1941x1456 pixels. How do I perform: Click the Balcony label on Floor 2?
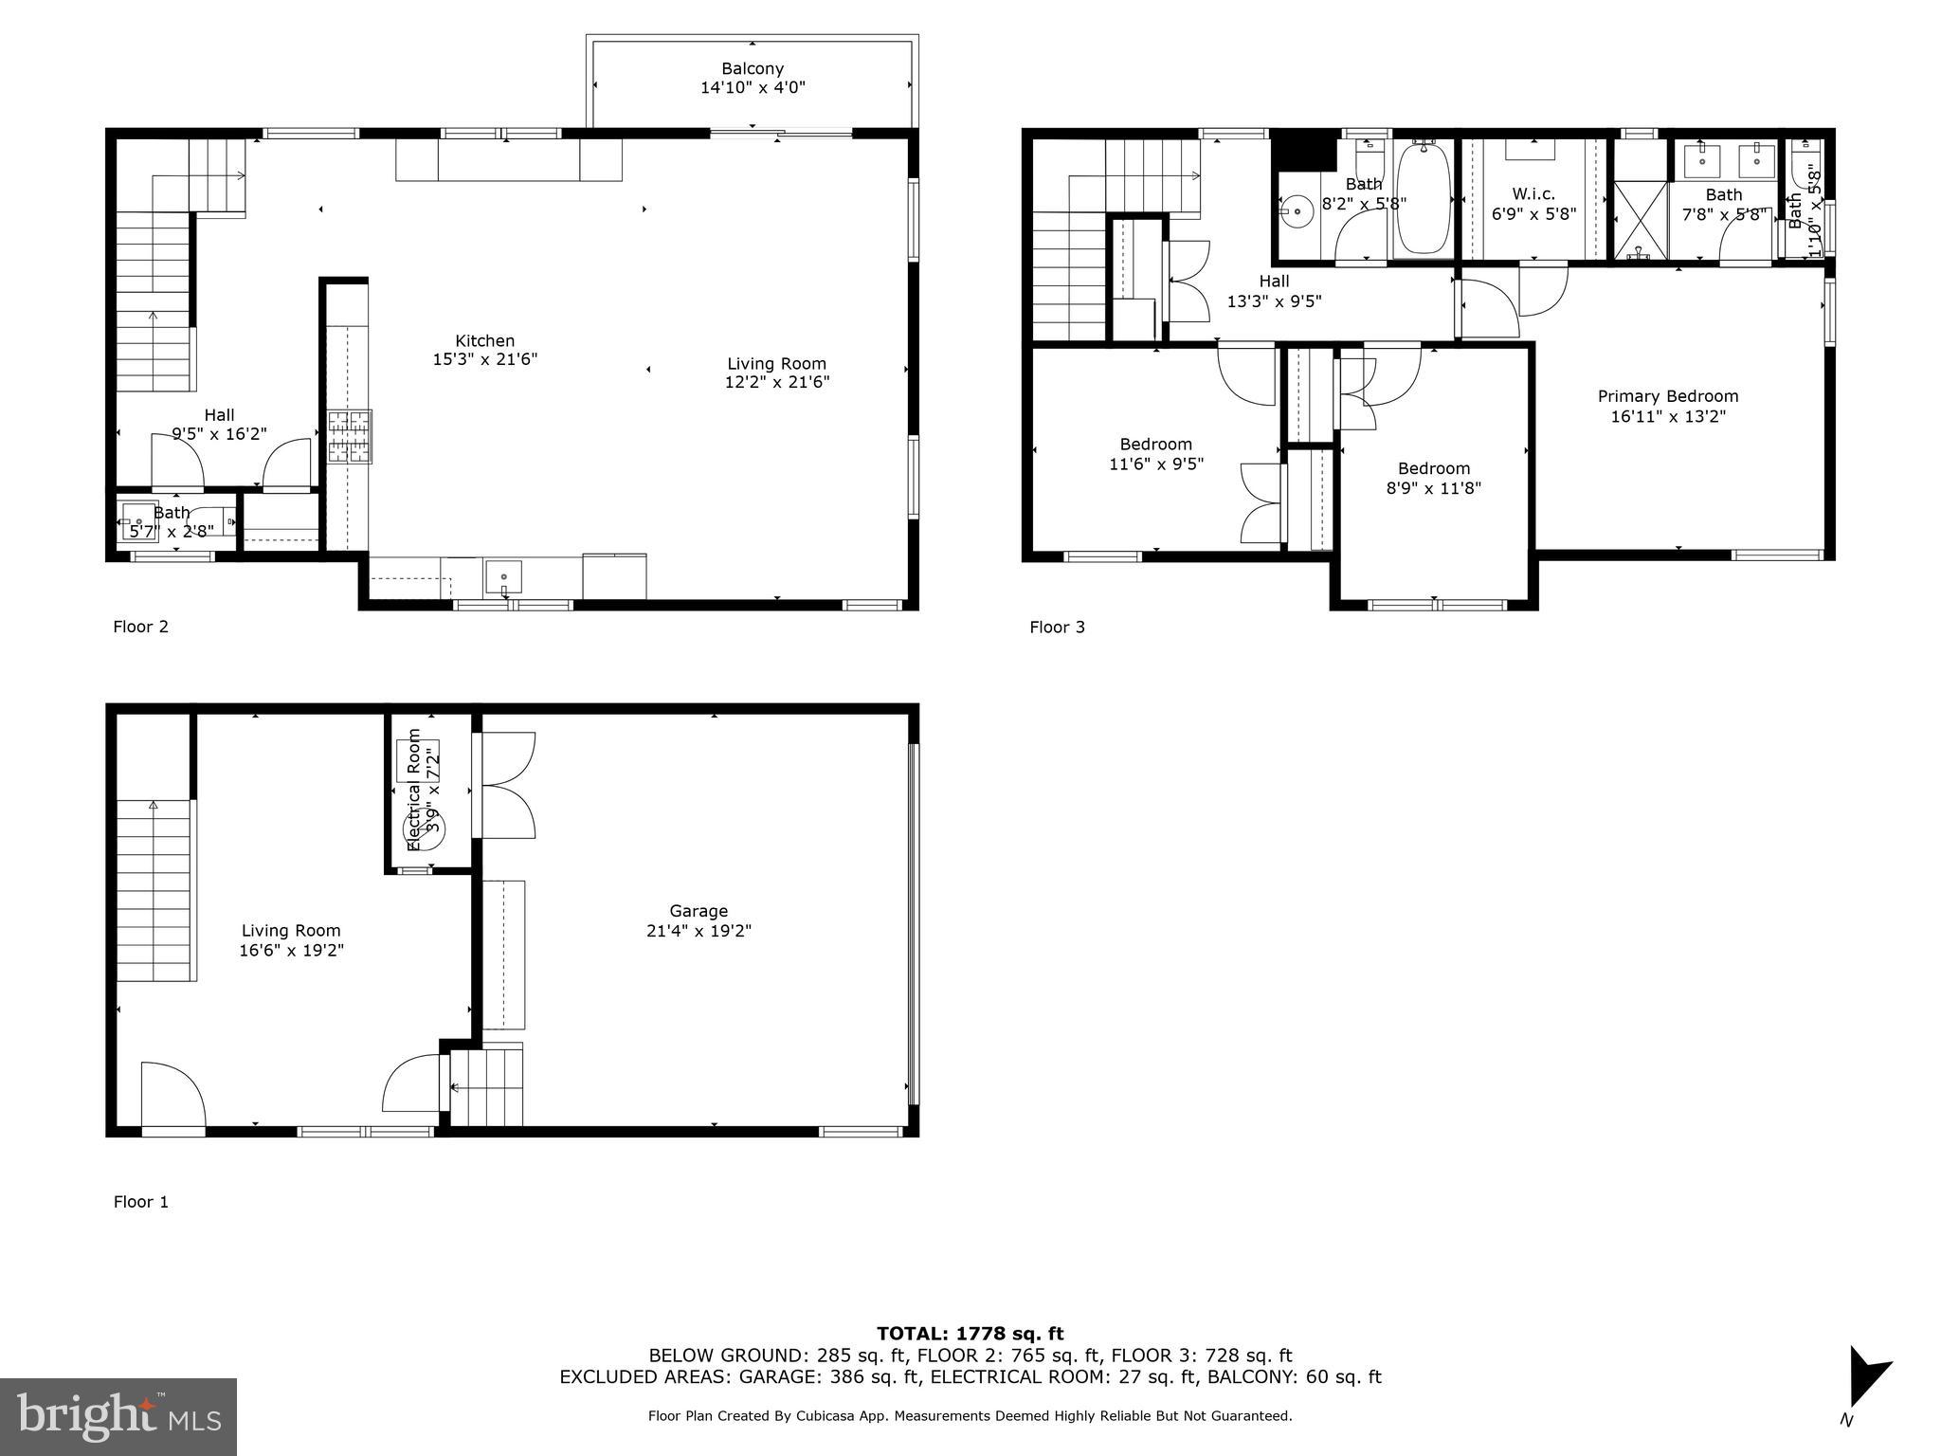(753, 68)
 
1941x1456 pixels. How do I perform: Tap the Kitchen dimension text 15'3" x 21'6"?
(484, 359)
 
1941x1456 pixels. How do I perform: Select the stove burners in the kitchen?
(350, 436)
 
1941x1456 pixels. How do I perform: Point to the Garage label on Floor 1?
(698, 911)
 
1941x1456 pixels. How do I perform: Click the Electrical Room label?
(414, 789)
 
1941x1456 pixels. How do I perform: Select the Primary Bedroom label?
(1668, 396)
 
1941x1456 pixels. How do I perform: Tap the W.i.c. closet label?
(1533, 194)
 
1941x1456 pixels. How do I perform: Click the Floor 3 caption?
(1057, 627)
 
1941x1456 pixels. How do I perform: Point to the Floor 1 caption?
(141, 1202)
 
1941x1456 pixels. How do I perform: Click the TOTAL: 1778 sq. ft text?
(970, 1334)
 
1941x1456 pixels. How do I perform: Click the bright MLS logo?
(118, 1416)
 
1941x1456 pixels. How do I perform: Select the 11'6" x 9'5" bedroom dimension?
(1155, 464)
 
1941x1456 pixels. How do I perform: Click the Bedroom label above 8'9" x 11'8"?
(1434, 468)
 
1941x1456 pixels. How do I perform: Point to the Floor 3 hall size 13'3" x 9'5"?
(1274, 301)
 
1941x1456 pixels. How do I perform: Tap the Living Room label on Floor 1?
(291, 931)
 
